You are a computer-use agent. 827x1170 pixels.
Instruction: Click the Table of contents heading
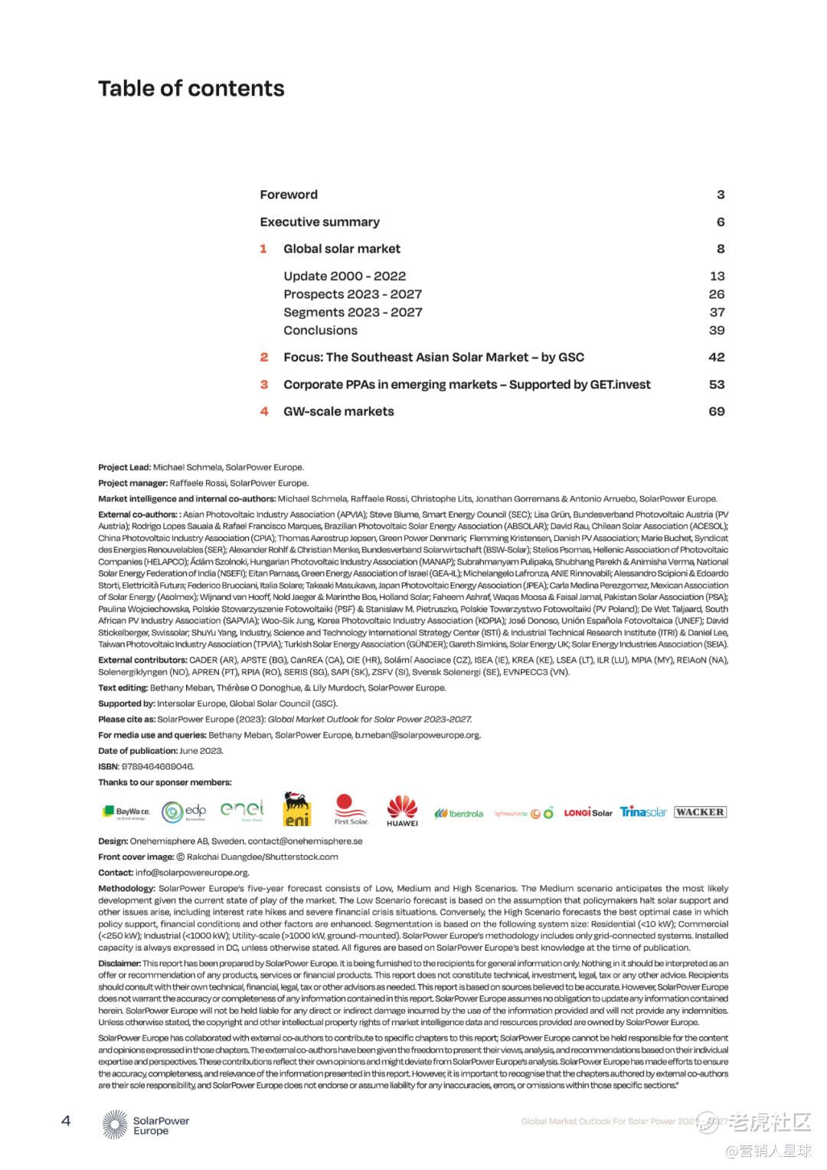click(191, 89)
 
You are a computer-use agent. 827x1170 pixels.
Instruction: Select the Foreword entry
click(288, 195)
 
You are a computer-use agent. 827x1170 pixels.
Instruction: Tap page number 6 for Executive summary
click(720, 222)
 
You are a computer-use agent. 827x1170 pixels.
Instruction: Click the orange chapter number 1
click(263, 249)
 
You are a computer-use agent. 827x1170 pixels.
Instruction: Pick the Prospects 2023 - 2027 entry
click(352, 294)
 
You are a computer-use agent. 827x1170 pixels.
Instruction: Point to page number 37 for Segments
click(717, 313)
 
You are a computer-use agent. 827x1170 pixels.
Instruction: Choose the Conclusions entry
click(320, 330)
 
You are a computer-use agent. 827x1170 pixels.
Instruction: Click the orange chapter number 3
click(263, 385)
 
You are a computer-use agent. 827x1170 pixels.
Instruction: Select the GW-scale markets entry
click(338, 411)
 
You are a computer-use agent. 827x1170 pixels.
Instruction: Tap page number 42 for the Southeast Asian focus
click(716, 357)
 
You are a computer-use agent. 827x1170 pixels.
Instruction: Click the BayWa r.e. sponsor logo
click(126, 812)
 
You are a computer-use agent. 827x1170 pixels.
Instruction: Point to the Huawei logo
click(402, 811)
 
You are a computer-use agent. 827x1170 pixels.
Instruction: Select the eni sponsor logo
click(297, 810)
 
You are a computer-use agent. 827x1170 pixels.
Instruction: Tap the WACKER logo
click(700, 812)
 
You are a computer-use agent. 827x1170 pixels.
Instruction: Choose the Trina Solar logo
click(643, 812)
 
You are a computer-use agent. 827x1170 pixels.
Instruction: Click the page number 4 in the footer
click(66, 1121)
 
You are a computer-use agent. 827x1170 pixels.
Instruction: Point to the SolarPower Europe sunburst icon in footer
click(115, 1124)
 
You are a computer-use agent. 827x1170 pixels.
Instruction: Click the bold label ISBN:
click(108, 766)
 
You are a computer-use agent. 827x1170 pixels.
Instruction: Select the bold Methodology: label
click(126, 889)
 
